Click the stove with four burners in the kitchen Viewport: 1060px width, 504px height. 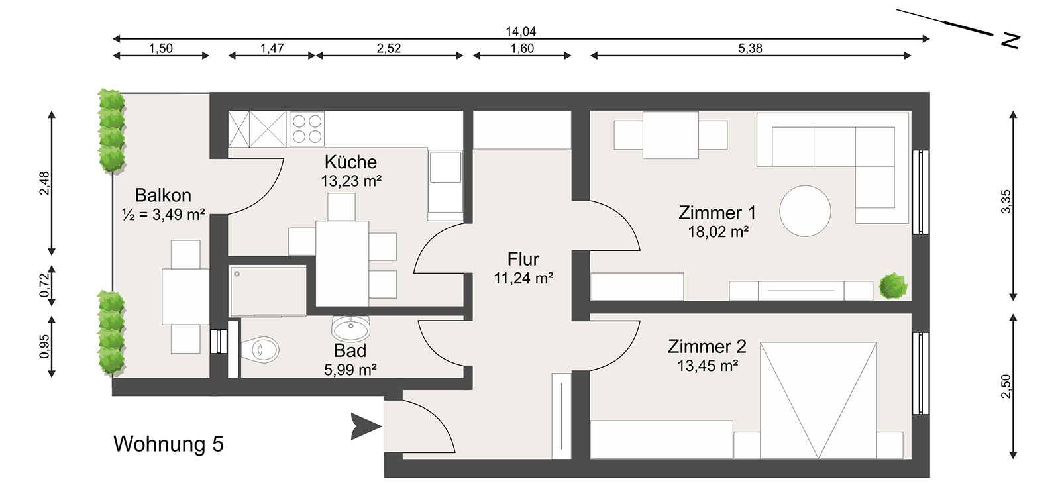tap(307, 128)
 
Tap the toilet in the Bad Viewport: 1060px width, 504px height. tap(260, 350)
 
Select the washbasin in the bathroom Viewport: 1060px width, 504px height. tap(350, 328)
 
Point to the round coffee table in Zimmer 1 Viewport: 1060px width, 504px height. tap(806, 211)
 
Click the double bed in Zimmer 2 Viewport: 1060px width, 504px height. tap(818, 401)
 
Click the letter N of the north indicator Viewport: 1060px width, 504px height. tap(1010, 41)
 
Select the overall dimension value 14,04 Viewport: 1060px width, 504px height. tap(521, 32)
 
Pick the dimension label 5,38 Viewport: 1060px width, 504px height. tap(751, 48)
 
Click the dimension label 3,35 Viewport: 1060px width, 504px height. tap(1006, 201)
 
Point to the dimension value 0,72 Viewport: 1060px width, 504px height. tap(44, 285)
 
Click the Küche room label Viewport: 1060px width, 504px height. tap(350, 162)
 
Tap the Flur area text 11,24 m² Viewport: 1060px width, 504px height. tap(523, 278)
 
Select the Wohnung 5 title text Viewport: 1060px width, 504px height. tap(168, 444)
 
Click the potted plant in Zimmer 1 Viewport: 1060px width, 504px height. tap(894, 286)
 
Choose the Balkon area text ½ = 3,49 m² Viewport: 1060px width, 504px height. tap(163, 215)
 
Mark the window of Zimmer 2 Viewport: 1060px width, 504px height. tap(921, 374)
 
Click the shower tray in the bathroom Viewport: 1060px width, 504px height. tap(268, 291)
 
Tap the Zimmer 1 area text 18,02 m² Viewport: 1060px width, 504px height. tap(718, 232)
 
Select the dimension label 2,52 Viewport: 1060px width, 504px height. tap(389, 48)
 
